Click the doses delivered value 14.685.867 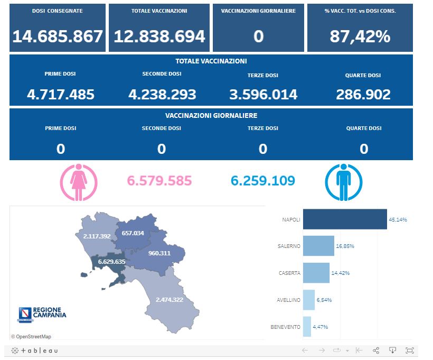pos(58,36)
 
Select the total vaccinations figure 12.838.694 pos(159,36)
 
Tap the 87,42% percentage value pos(360,36)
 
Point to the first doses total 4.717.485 pos(61,95)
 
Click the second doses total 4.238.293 pos(162,95)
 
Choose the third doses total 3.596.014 pos(263,95)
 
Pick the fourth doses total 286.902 pos(363,95)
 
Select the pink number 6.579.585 pos(159,181)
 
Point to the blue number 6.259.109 pos(263,181)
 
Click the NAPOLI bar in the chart pos(345,219)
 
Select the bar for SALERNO pos(318,246)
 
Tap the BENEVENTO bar pos(307,327)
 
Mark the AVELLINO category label pos(288,300)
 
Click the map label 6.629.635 pos(111,262)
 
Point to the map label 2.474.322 pos(170,300)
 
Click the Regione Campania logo pos(42,313)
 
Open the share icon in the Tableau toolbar pos(376,350)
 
